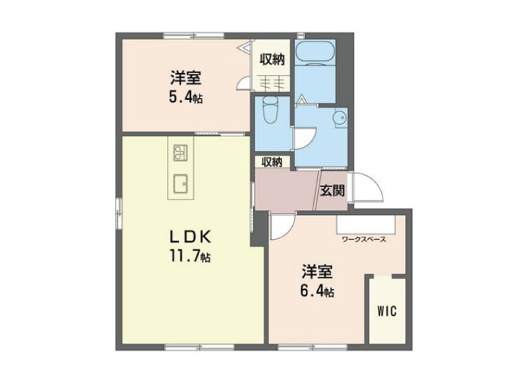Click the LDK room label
click(190, 238)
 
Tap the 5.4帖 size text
click(186, 96)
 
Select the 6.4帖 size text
click(317, 291)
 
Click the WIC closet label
click(387, 311)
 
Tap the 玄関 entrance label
click(332, 191)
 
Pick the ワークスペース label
click(364, 239)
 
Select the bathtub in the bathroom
click(315, 52)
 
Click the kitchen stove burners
click(180, 152)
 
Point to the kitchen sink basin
click(180, 184)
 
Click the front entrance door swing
click(368, 187)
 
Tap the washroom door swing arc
click(305, 139)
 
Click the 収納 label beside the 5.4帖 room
click(273, 60)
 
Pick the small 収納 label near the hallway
click(272, 162)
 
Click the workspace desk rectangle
click(366, 225)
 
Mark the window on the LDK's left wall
click(119, 212)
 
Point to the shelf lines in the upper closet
click(273, 83)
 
